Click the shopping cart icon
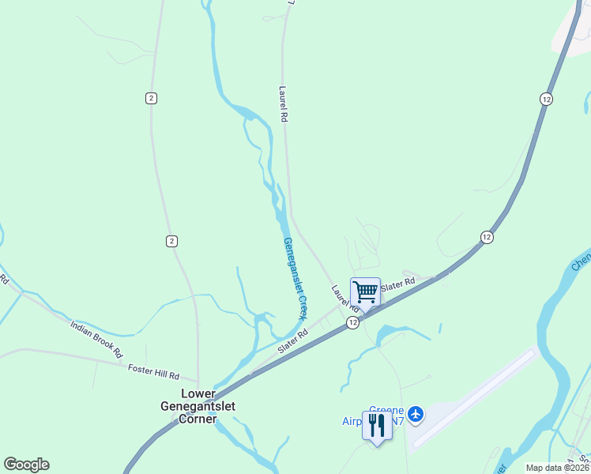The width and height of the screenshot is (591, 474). click(x=365, y=292)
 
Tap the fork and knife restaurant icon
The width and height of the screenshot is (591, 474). click(x=376, y=425)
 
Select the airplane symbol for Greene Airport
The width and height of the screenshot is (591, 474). click(x=416, y=413)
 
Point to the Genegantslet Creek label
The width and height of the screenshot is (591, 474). click(x=294, y=277)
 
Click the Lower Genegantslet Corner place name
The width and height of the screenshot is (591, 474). click(x=198, y=406)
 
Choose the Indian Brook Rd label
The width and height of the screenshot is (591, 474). click(x=97, y=337)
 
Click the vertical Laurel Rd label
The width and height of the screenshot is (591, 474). click(x=283, y=103)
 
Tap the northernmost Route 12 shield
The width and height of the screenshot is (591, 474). click(x=546, y=99)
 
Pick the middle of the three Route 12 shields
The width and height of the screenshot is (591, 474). click(x=487, y=237)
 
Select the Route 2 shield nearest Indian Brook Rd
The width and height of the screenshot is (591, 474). click(x=172, y=240)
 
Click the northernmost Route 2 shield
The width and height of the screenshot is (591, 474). click(x=151, y=97)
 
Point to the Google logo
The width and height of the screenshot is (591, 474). click(x=26, y=464)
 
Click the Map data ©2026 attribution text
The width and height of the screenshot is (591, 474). click(x=557, y=468)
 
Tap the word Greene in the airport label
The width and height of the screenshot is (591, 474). click(x=386, y=410)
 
